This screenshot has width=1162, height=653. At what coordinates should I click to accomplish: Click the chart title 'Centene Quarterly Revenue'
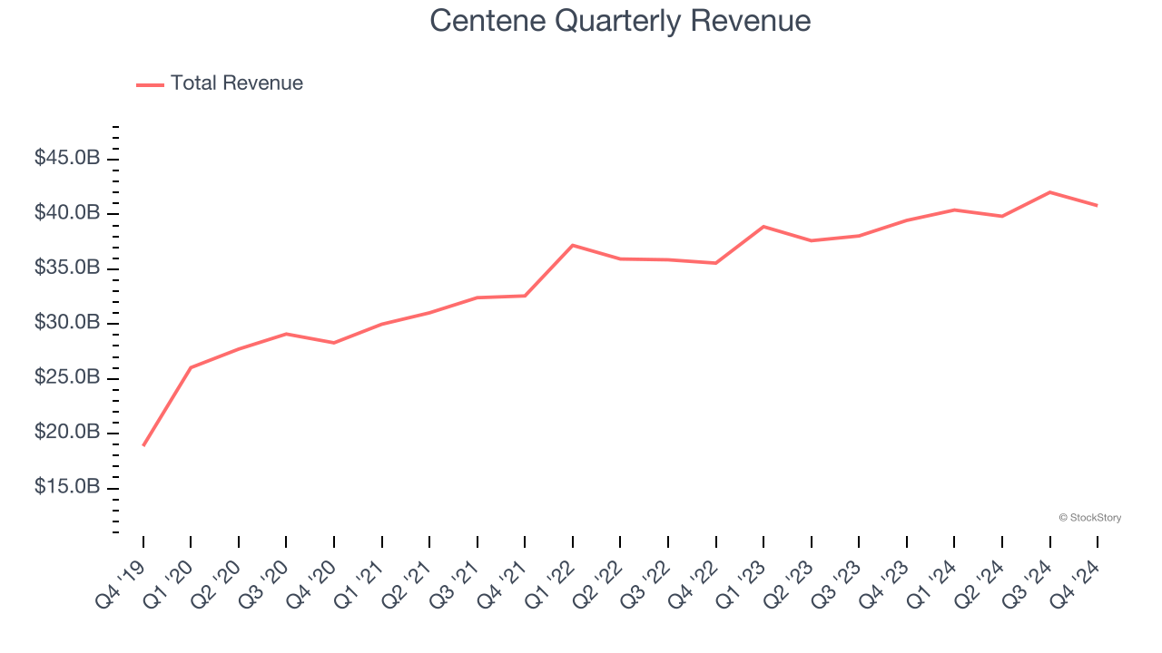(620, 21)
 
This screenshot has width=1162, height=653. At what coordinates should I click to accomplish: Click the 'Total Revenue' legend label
(236, 83)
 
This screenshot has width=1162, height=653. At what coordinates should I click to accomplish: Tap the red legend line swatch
(150, 84)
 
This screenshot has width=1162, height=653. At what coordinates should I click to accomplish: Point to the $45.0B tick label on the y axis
(67, 159)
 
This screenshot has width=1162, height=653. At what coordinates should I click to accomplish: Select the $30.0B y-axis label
(67, 323)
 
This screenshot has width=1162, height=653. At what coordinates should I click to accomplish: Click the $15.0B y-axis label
(67, 488)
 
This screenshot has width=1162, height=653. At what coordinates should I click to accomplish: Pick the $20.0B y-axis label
(67, 433)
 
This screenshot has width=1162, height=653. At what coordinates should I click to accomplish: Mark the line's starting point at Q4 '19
(143, 445)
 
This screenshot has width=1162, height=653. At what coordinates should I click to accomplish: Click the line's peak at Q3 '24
(1049, 192)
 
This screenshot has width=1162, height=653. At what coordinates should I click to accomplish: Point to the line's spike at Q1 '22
(573, 245)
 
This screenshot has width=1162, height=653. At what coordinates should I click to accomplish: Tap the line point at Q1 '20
(191, 367)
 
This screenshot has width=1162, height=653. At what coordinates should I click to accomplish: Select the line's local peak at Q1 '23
(763, 226)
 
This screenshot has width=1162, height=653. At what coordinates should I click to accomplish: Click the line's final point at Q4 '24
(1097, 205)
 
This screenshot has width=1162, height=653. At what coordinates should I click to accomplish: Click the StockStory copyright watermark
(1089, 518)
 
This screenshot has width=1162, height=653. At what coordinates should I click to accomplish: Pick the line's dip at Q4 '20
(334, 343)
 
